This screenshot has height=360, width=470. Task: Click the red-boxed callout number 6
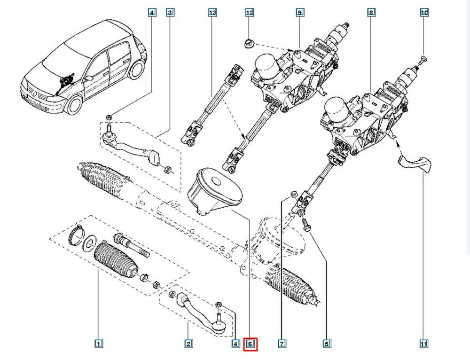click(x=251, y=344)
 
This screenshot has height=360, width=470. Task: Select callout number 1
click(x=99, y=344)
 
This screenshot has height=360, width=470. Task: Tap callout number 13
click(x=212, y=13)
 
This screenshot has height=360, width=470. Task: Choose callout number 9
click(x=299, y=13)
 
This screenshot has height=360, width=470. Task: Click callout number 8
click(x=371, y=13)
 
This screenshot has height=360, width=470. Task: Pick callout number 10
click(x=424, y=13)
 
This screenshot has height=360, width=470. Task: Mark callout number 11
click(x=424, y=344)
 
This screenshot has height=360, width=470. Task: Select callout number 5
click(x=326, y=344)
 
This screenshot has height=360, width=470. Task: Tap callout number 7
click(x=282, y=344)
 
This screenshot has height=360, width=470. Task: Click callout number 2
click(x=188, y=344)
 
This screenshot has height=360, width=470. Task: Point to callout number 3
click(x=169, y=13)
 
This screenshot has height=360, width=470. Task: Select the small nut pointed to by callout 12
click(x=249, y=45)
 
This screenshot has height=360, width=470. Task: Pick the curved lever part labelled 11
click(x=415, y=164)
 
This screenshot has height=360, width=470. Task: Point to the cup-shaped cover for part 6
click(x=214, y=190)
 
